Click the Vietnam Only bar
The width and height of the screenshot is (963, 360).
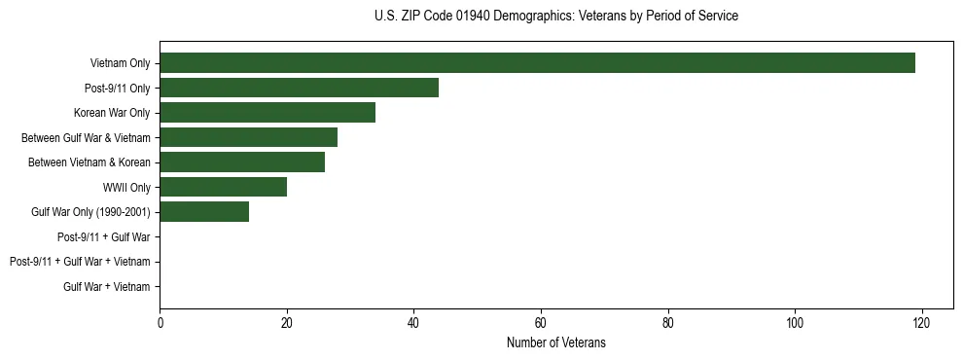pos(537,63)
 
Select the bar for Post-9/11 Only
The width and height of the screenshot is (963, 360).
pos(299,88)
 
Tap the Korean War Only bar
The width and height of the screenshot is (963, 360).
pos(267,113)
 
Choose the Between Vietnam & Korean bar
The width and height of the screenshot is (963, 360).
pos(242,162)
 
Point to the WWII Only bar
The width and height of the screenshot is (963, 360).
pos(223,187)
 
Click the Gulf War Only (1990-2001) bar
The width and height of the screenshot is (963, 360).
pos(204,212)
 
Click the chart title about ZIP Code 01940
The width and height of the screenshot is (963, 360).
pos(555,17)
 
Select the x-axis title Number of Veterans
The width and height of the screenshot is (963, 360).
pos(555,342)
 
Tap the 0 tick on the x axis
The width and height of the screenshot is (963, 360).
pos(160,323)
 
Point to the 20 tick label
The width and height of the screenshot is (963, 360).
pos(287,323)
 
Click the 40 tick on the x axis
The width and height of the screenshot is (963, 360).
pos(413,323)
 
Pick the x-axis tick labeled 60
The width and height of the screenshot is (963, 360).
pos(541,323)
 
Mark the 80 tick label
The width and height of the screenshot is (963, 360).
pos(667,323)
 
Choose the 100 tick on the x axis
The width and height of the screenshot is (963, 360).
pos(795,323)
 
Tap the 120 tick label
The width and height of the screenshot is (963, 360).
pos(921,323)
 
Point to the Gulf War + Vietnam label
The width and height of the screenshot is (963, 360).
pos(106,286)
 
